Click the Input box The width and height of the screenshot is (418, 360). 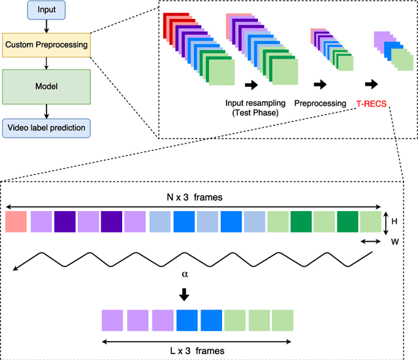46,11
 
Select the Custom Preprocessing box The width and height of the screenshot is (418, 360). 46,45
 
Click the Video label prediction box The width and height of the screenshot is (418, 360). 46,127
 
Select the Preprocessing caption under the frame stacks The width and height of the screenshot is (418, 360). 319,103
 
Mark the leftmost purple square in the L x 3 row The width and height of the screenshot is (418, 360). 112,321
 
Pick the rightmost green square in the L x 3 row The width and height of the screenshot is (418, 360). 283,321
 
